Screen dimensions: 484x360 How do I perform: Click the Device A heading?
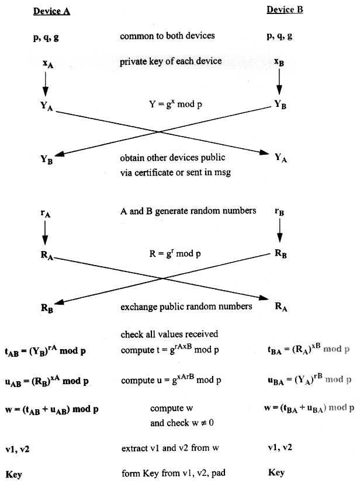(51, 11)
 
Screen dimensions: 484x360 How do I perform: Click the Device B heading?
(285, 10)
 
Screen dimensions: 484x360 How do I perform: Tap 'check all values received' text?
(169, 335)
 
